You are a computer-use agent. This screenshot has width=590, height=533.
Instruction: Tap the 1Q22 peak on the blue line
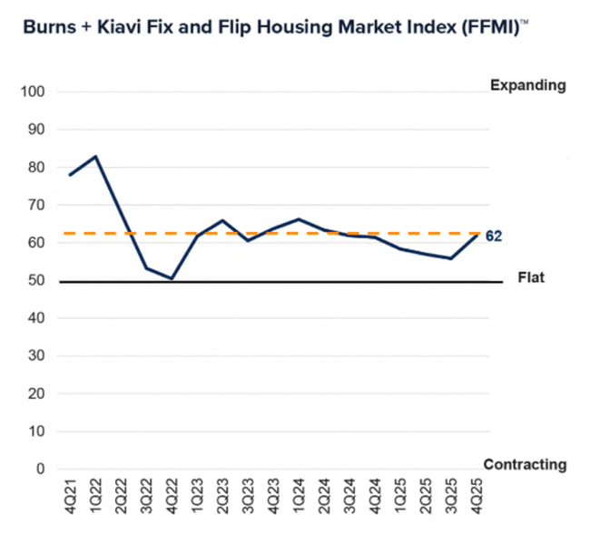pyautogui.click(x=95, y=157)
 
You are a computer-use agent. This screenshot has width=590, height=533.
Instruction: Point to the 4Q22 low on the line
pyautogui.click(x=172, y=278)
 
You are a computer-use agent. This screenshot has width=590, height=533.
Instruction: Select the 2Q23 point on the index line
pyautogui.click(x=222, y=220)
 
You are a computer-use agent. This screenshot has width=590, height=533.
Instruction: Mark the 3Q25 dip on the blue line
pyautogui.click(x=451, y=258)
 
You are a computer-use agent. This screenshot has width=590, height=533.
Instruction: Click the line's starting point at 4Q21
pyautogui.click(x=70, y=175)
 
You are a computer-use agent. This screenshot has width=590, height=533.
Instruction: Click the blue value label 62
pyautogui.click(x=494, y=237)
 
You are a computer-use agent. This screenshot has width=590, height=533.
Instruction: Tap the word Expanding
pyautogui.click(x=528, y=86)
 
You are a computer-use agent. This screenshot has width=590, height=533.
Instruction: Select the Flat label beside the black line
pyautogui.click(x=531, y=277)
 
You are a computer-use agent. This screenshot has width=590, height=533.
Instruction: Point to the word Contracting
pyautogui.click(x=525, y=465)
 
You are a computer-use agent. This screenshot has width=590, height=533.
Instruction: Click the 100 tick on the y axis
pyautogui.click(x=33, y=92)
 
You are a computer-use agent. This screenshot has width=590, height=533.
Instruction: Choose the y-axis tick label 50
pyautogui.click(x=36, y=280)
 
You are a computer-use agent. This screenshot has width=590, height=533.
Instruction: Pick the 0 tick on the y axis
pyautogui.click(x=40, y=470)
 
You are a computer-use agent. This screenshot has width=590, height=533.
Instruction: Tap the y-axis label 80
pyautogui.click(x=36, y=168)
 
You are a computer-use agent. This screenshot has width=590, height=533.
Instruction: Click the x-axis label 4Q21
pyautogui.click(x=71, y=496)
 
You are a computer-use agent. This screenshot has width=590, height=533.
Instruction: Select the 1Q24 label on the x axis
pyautogui.click(x=299, y=496)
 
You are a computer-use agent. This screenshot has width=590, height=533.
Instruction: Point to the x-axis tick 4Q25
pyautogui.click(x=477, y=496)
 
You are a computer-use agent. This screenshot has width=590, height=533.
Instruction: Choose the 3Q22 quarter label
pyautogui.click(x=147, y=496)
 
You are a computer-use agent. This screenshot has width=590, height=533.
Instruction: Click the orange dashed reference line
pyautogui.click(x=271, y=234)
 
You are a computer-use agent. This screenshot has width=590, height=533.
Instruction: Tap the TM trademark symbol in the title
pyautogui.click(x=524, y=22)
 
